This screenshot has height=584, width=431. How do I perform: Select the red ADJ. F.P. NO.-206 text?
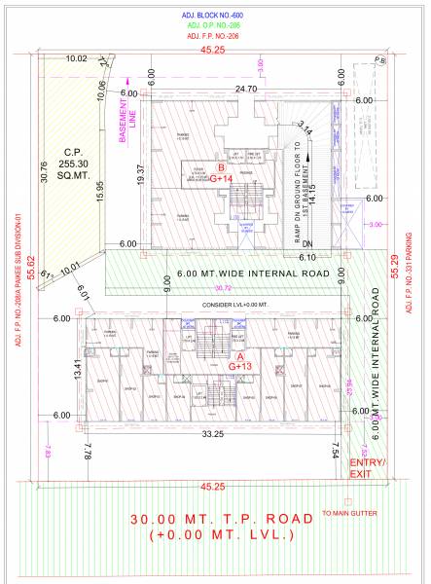tap(214, 37)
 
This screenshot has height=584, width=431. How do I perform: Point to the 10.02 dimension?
tap(76, 59)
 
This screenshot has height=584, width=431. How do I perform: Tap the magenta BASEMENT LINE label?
tap(128, 123)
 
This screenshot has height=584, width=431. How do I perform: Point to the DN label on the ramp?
tap(308, 243)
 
